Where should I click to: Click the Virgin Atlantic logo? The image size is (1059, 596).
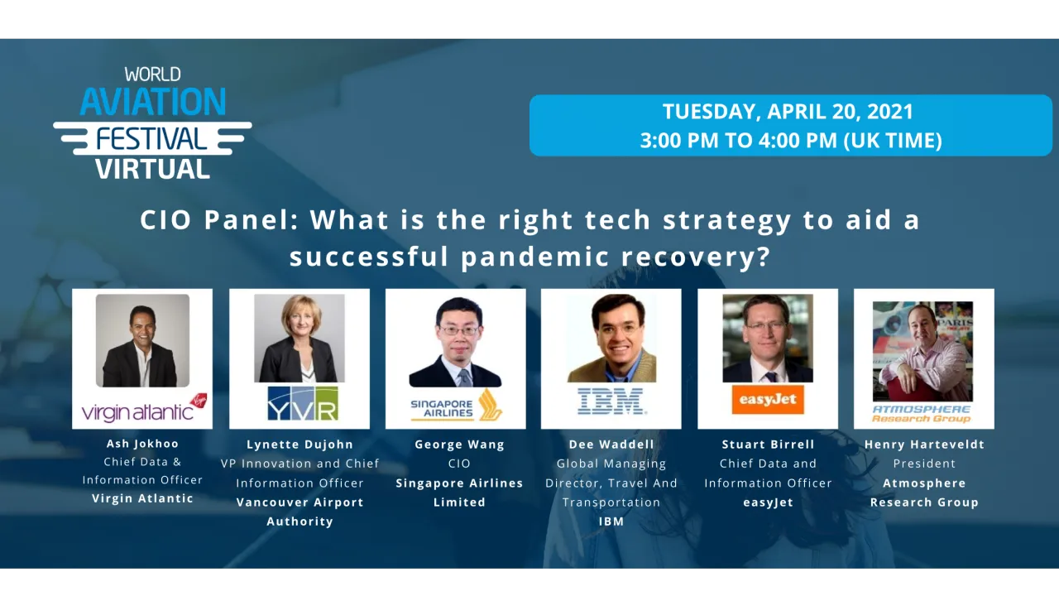tap(144, 408)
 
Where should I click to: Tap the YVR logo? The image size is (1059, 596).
tap(303, 403)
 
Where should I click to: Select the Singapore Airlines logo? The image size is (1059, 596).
tap(456, 406)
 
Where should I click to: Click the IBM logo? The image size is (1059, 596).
tap(611, 401)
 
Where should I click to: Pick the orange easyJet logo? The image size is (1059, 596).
tap(768, 400)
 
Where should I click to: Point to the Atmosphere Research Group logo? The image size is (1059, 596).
tap(922, 414)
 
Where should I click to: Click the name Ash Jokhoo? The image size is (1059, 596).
tap(142, 444)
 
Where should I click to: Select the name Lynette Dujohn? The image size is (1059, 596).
tap(299, 445)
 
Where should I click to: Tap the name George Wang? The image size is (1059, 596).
tap(459, 445)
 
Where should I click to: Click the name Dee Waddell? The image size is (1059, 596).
tap(611, 445)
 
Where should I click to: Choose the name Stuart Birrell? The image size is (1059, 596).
tap(768, 445)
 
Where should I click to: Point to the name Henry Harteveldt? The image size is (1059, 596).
tap(924, 445)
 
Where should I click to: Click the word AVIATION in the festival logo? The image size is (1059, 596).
tap(153, 101)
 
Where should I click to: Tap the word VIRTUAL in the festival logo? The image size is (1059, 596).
tap(152, 169)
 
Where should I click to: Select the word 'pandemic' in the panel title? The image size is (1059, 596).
tap(535, 257)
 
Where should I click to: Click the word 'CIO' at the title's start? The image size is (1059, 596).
tap(165, 220)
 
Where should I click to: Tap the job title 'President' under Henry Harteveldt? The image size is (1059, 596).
tap(924, 464)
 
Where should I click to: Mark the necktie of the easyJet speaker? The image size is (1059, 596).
tap(770, 377)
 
